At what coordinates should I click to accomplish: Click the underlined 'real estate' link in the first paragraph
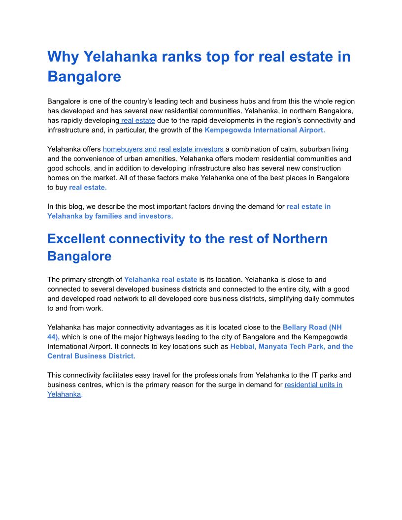point(138,121)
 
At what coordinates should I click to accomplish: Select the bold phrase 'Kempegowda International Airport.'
point(265,130)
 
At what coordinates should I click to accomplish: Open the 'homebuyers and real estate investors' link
point(164,149)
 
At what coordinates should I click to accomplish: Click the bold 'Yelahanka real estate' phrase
point(161,280)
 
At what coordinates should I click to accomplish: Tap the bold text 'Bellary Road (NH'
point(312,327)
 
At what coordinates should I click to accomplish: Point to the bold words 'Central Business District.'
point(91,356)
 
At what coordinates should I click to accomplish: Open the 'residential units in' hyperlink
point(313,385)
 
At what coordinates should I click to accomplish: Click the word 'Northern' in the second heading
point(300,239)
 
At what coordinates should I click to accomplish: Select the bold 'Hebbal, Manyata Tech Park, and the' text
point(292,347)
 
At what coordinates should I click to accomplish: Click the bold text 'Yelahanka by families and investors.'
point(110,216)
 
